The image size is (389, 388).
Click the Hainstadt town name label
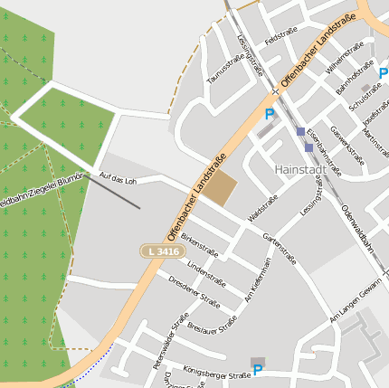(300, 169)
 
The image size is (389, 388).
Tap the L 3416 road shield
(161, 251)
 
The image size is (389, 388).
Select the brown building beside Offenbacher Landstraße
(218, 189)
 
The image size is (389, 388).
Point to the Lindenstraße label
(206, 270)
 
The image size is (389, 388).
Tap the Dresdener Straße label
(194, 291)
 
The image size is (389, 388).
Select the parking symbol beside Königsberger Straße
(258, 370)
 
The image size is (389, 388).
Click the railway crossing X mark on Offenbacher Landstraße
(274, 92)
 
